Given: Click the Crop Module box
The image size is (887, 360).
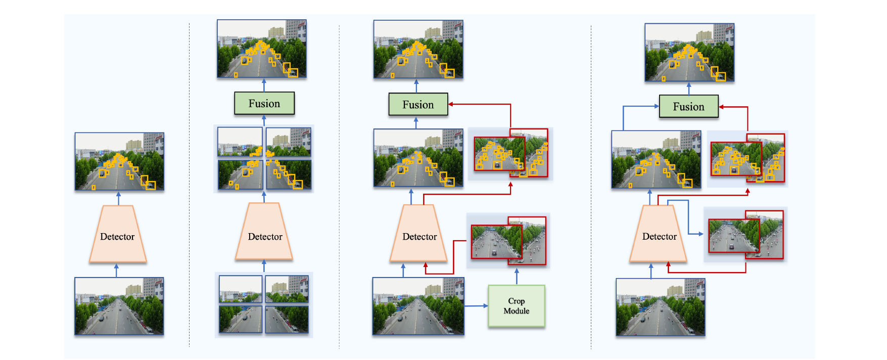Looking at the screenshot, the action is coord(517,306).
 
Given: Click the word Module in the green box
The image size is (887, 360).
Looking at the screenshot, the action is coord(517,311).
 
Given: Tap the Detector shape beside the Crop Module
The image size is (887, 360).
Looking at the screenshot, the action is coord(419,233).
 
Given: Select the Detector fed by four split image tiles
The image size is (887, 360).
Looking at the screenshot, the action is coord(264,231).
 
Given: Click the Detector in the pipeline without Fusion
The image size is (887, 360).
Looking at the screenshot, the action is coord(118,234).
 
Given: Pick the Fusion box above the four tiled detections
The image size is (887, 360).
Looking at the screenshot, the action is coord(264,103).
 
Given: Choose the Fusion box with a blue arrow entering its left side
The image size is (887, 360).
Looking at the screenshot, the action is coord(689,106).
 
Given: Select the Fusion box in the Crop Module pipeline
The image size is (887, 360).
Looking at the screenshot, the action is coord(418,104).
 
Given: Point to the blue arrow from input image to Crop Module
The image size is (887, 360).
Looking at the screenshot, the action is coord(477,306).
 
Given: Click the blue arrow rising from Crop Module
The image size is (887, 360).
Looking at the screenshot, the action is coord(517,277).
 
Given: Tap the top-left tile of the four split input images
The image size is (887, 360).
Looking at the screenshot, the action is coord(241,289).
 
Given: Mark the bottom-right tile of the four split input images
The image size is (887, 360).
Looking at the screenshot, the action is coord(287,319).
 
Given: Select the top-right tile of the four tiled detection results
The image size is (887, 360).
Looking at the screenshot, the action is coord(289,142).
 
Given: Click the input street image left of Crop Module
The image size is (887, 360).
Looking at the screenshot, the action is coord(418,306).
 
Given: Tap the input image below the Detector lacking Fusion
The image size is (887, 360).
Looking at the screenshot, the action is coord(119,306).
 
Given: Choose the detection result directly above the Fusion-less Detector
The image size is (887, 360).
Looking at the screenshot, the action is coord(119,161).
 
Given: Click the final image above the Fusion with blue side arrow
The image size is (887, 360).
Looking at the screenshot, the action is coord(689,52).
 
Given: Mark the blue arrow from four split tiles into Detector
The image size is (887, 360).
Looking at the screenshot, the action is coord(264,266).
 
